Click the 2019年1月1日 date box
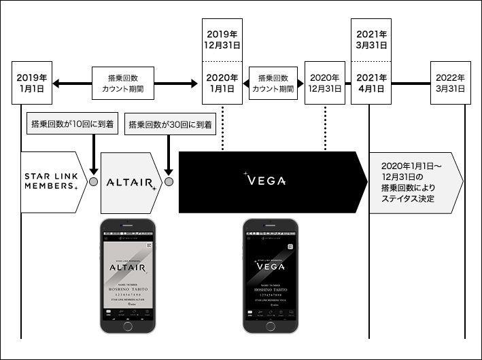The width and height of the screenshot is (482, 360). coord(33,82)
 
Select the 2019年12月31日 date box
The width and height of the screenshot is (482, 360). coord(222,39)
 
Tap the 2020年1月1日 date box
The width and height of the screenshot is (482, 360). coord(222,82)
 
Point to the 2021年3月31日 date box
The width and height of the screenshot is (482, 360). coord(370,39)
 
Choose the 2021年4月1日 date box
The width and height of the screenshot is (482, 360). coord(370,82)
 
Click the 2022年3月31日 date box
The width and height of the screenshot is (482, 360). coord(451,82)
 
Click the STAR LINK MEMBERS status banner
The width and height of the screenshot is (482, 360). coord(52,181)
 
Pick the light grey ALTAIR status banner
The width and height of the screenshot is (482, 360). coord(131,181)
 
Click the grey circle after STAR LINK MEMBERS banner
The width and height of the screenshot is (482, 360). coord(93,182)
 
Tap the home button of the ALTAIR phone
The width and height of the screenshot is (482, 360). coord(128,326)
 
